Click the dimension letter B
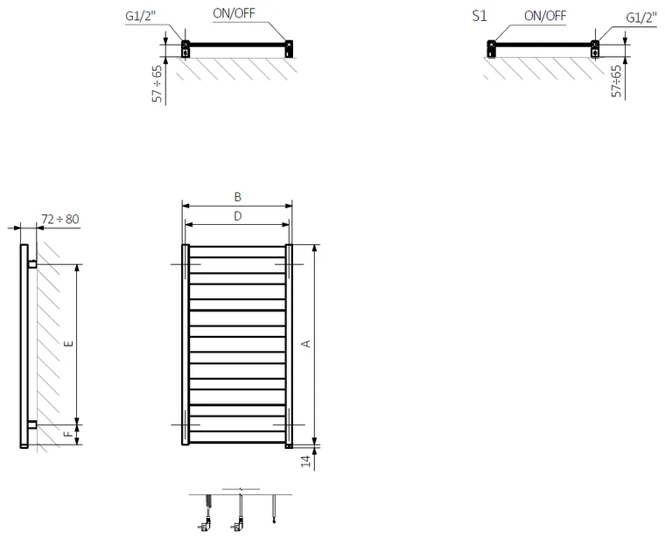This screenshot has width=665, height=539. [x=237, y=197]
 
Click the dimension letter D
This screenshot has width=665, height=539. [x=237, y=216]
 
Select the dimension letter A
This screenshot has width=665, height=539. [x=305, y=344]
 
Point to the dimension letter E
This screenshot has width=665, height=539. [x=69, y=344]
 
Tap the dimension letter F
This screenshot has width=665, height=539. [x=68, y=434]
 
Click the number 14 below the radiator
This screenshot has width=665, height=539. [x=306, y=461]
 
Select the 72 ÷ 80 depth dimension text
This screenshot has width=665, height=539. [x=60, y=220]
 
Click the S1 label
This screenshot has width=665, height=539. [x=479, y=16]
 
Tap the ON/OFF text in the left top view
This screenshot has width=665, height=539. [x=234, y=14]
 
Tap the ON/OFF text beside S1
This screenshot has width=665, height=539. [x=545, y=16]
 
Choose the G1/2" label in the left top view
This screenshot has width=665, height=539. [x=141, y=16]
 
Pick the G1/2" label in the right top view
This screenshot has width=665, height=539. [x=641, y=17]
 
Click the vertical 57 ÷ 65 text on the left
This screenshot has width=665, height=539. [x=157, y=83]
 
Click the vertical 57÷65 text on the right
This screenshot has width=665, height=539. [x=617, y=81]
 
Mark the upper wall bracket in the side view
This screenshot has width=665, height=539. [x=32, y=263]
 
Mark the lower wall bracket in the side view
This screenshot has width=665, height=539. [x=32, y=424]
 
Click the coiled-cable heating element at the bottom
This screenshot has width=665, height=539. [x=206, y=512]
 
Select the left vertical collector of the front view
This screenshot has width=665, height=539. [x=185, y=345]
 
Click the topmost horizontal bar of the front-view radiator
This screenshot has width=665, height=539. [x=237, y=247]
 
